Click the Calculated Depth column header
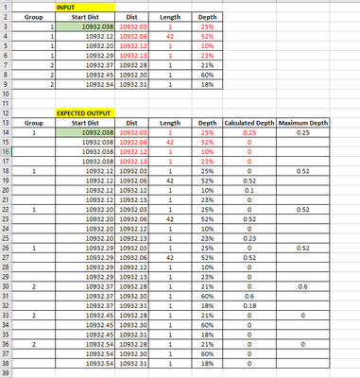(x=249, y=123)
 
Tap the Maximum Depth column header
(x=302, y=123)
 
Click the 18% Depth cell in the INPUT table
(x=207, y=85)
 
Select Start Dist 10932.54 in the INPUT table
(x=98, y=85)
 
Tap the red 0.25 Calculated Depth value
(x=249, y=133)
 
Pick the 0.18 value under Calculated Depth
(x=249, y=305)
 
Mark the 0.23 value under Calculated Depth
(x=249, y=240)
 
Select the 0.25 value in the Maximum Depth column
(x=302, y=133)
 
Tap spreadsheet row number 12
(x=7, y=112)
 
